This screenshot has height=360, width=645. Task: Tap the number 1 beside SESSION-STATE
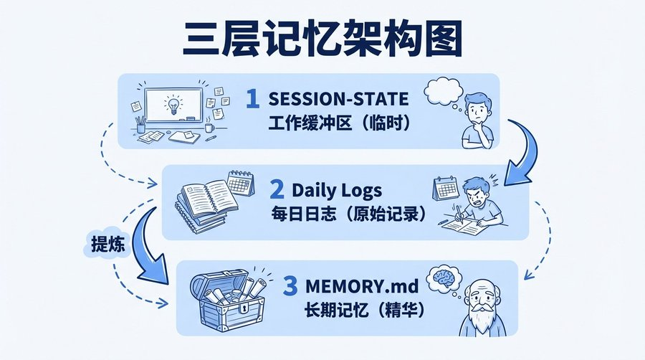pyautogui.click(x=252, y=99)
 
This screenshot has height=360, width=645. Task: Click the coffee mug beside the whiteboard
pyautogui.click(x=209, y=127)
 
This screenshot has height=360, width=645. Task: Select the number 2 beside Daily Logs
pyautogui.click(x=277, y=190)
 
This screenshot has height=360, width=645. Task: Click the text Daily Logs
pyautogui.click(x=337, y=190)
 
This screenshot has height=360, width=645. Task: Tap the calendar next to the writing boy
pyautogui.click(x=445, y=191)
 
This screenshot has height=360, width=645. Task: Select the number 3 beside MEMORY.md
pyautogui.click(x=290, y=286)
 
